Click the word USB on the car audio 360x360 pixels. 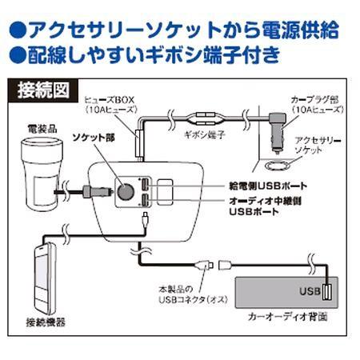click(x=310, y=290)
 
